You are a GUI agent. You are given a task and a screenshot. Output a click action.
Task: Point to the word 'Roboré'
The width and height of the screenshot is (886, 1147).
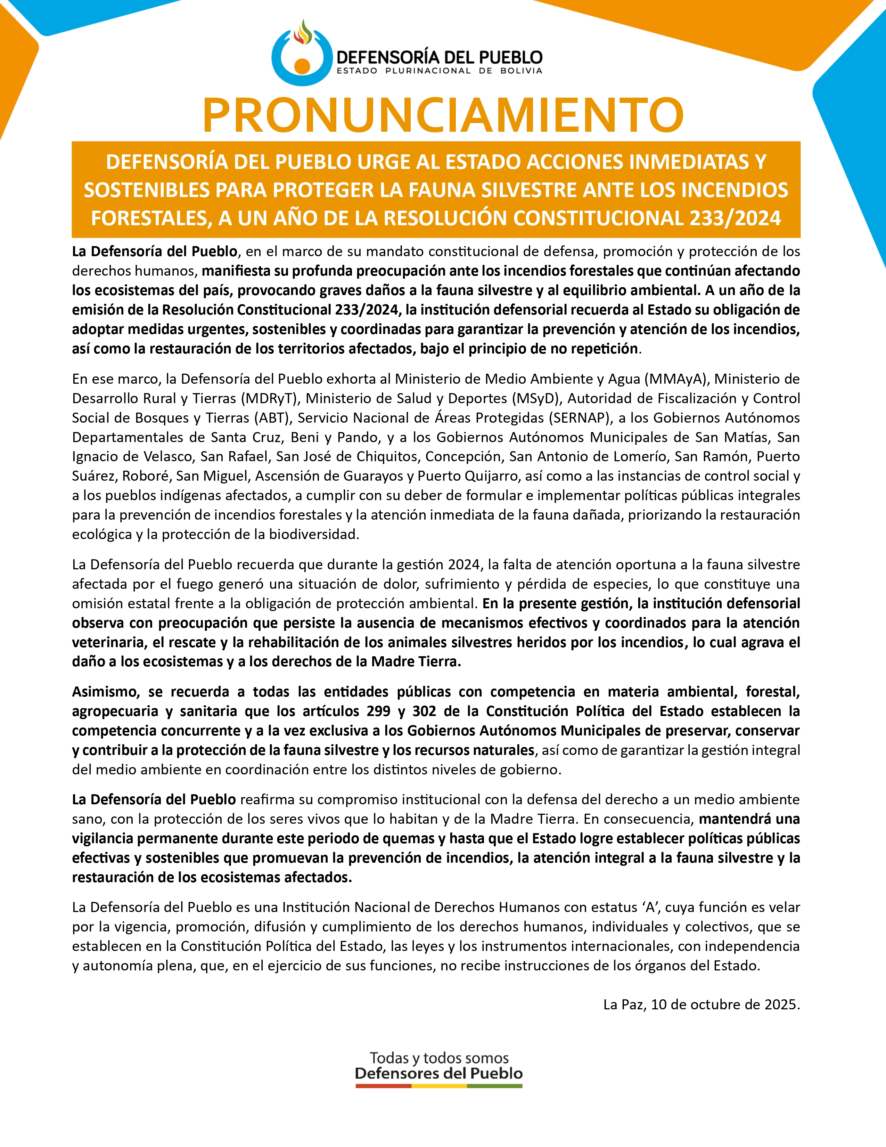[x=147, y=476]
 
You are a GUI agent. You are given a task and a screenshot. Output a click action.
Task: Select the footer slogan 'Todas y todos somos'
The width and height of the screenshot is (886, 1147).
[x=439, y=1057]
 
